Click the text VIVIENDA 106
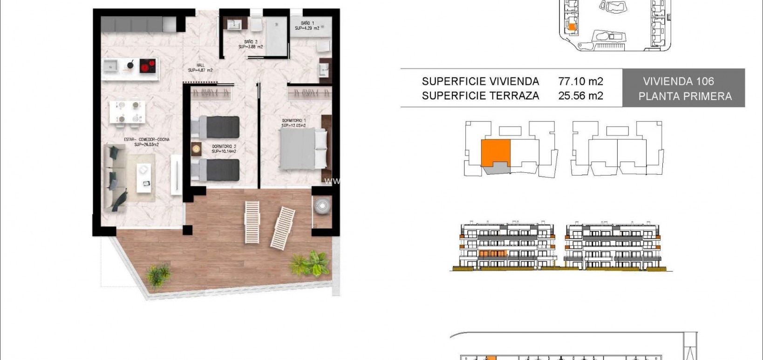pos(678,82)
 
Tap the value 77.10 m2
pos(580,82)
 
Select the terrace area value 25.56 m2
pos(580,96)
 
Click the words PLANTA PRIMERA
pos(685,96)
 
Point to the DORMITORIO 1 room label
pos(293,123)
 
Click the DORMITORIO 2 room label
pos(224,149)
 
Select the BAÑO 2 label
pos(251,44)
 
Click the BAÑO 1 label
pos(307,26)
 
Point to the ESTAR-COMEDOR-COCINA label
pos(147,142)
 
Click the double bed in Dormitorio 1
pos(303,149)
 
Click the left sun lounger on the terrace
pos(252,222)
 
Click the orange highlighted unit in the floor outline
pos(495,152)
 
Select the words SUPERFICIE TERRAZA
pos(480,96)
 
